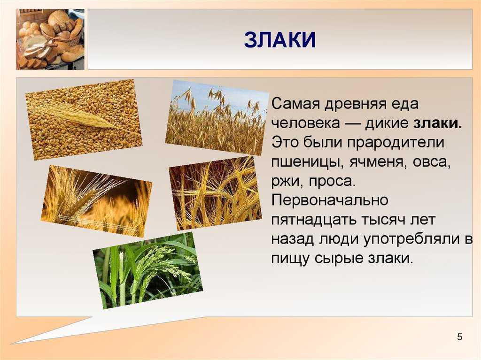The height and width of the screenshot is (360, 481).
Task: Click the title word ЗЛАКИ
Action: [x=280, y=40]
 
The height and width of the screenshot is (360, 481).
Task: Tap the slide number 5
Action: [x=459, y=337]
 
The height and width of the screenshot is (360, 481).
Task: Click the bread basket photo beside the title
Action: [x=50, y=39]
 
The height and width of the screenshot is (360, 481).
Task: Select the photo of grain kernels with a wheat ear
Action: [x=84, y=120]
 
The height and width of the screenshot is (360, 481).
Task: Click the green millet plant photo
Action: [x=147, y=270]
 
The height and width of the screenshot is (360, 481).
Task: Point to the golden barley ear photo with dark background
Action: [x=96, y=201]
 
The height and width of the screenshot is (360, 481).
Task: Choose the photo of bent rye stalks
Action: [x=215, y=193]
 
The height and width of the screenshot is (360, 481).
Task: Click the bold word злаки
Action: [x=437, y=123]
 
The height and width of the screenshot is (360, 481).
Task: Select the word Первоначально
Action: [x=330, y=200]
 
